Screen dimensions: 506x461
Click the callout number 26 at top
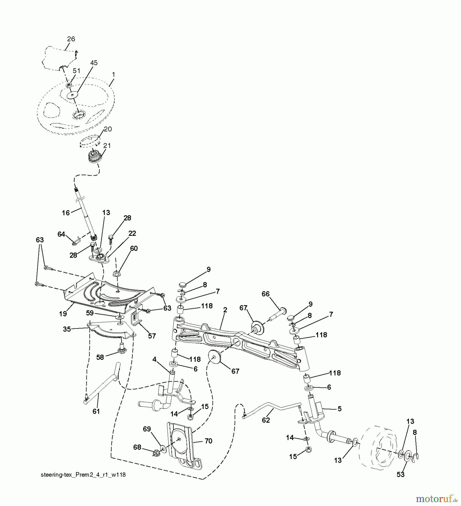tap(71, 39)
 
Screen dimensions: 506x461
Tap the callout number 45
tap(94, 63)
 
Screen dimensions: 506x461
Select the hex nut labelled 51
tap(68, 85)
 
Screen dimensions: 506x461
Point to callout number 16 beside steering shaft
tap(66, 213)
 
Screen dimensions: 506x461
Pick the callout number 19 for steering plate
tap(63, 314)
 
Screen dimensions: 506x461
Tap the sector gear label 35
tap(67, 329)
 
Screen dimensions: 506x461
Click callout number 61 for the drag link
tap(96, 412)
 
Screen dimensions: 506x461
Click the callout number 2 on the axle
tap(225, 310)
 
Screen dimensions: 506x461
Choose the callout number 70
tap(208, 441)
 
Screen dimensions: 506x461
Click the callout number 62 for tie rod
tap(266, 420)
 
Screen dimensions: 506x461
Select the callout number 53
tap(400, 475)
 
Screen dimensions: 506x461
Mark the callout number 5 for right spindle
tap(339, 409)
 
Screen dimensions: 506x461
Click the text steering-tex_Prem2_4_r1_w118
tap(83, 475)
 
